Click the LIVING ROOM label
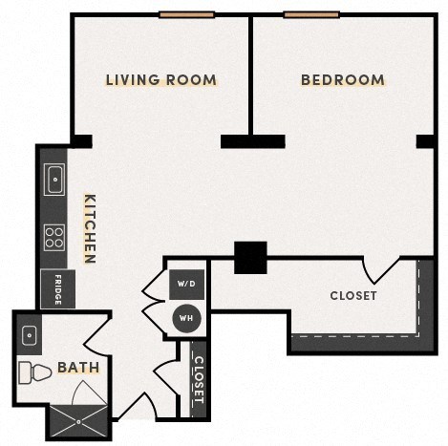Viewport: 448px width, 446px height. coord(160,80)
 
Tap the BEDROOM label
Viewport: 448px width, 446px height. coord(342,80)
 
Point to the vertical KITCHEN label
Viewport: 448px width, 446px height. coord(90,229)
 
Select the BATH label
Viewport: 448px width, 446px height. coord(75,367)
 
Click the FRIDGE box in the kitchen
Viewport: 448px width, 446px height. coord(56,289)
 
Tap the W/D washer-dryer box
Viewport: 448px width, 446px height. coord(186,285)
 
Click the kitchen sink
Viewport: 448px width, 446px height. coord(53,178)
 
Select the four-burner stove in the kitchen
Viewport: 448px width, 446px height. coord(54,236)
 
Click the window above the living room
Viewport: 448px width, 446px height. coord(186,14)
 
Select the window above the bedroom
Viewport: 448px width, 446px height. coord(311,14)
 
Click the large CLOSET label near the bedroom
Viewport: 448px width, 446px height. coord(352,296)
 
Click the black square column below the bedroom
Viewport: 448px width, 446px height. coord(250,256)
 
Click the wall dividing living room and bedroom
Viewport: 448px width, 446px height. coord(251,76)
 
